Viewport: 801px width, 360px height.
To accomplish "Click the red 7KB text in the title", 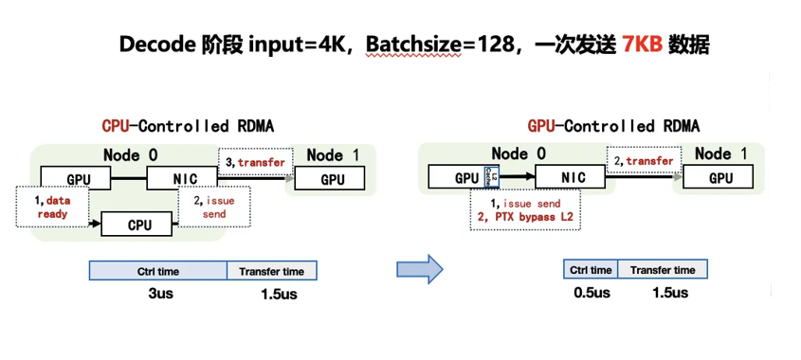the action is coord(643,45).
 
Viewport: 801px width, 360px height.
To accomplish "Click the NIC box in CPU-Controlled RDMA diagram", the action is coord(182,178).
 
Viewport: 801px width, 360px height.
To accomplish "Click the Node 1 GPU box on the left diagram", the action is coord(330,179).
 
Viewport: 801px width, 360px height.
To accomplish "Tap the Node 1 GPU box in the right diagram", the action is coord(718,177).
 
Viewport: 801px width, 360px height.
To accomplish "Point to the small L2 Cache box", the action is coord(488,177).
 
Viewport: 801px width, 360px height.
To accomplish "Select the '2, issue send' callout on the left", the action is coord(214,207).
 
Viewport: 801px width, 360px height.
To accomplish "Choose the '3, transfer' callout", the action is coord(254,162).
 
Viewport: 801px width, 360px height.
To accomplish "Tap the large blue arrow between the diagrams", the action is coord(420,269).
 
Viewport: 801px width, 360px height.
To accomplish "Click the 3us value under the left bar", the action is coord(158,294).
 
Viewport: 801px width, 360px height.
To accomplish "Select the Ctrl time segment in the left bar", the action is coord(158,271).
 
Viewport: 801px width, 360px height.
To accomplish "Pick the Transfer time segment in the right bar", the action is coord(663,269).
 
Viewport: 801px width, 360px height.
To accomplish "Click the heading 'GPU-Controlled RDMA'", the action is coord(613,126).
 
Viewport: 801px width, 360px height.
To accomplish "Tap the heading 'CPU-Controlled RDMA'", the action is coord(188,126).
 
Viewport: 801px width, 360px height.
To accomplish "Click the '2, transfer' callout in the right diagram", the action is coord(643,161).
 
